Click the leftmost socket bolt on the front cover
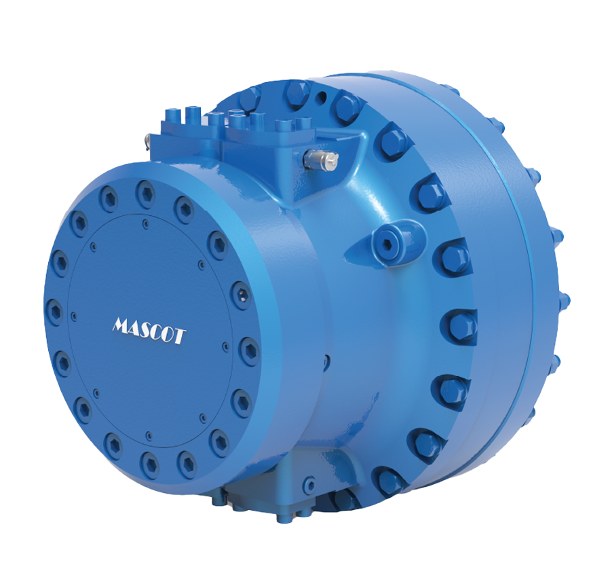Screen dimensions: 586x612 [54, 311]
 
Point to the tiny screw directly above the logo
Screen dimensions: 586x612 [142, 219]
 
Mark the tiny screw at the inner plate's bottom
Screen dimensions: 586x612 [149, 435]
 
